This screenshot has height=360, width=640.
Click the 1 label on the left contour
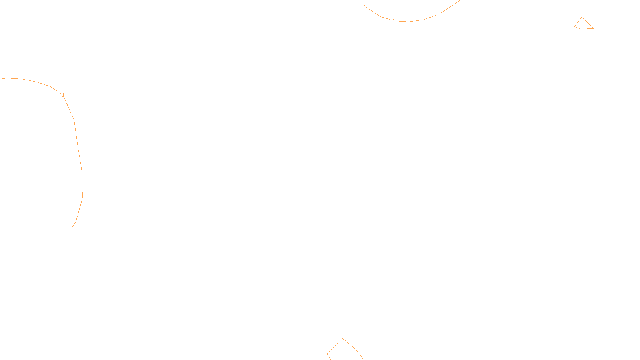point(63,95)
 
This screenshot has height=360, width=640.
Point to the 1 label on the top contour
point(394,20)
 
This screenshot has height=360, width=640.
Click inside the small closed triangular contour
point(583,24)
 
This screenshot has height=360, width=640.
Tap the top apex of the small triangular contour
point(582,17)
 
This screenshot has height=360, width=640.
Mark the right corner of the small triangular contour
point(593,28)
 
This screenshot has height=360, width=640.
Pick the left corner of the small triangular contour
point(575,26)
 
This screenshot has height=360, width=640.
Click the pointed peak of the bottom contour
point(342,338)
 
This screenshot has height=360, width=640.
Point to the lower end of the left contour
point(72,227)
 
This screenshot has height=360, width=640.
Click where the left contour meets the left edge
point(1,79)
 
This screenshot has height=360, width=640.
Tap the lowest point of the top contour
point(407,21)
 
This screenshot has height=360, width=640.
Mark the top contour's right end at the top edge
point(460,1)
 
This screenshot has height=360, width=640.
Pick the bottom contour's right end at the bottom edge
point(363,359)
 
